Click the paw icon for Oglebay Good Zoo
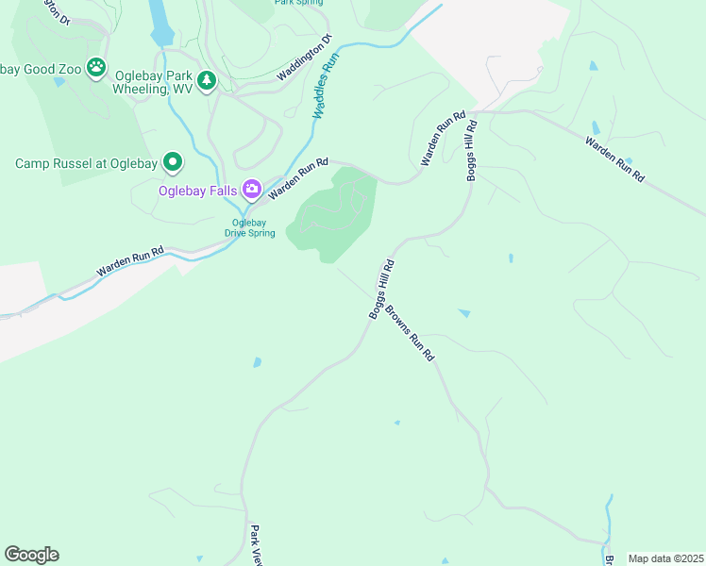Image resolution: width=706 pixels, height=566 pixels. pyautogui.click(x=95, y=67)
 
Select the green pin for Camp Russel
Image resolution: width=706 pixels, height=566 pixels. pyautogui.click(x=172, y=163)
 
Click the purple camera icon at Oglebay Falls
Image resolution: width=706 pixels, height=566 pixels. pyautogui.click(x=251, y=191)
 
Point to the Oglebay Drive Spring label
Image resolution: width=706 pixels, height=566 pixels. pyautogui.click(x=250, y=228)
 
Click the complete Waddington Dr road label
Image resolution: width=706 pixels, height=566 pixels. pyautogui.click(x=305, y=58)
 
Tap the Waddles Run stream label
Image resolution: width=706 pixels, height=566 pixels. pyautogui.click(x=326, y=85)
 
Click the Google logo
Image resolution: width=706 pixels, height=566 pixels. pyautogui.click(x=31, y=555)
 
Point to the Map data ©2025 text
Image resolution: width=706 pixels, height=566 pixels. pyautogui.click(x=665, y=558)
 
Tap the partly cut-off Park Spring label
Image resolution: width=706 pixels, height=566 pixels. pyautogui.click(x=299, y=3)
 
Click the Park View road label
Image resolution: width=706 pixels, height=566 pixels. pyautogui.click(x=255, y=546)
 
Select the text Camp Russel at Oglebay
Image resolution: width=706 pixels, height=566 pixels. pyautogui.click(x=86, y=163)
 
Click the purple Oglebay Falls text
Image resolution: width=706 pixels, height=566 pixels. pyautogui.click(x=197, y=191)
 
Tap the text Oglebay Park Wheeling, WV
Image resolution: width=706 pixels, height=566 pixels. pyautogui.click(x=154, y=82)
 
